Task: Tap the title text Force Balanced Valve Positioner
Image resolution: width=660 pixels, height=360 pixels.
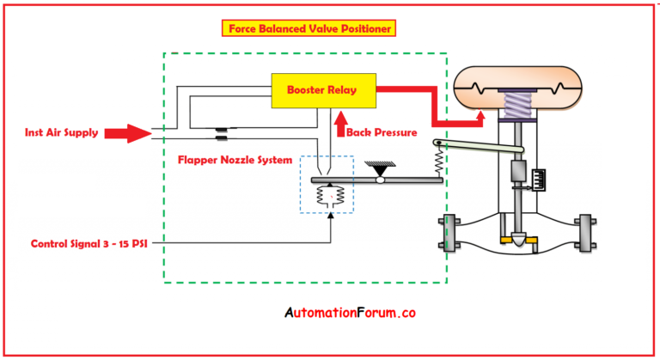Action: point(309,27)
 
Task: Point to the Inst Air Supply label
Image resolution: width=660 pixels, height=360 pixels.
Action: point(61,133)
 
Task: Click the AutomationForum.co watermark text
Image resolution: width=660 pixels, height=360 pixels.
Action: point(350,314)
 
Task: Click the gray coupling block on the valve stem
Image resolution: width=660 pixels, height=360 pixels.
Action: point(518,169)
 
